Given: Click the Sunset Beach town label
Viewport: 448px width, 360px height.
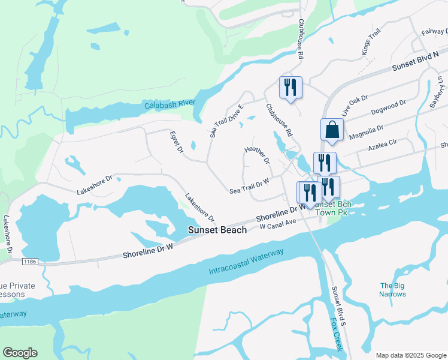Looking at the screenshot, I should (x=217, y=230).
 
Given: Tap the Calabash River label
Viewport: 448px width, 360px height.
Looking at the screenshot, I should (x=170, y=104).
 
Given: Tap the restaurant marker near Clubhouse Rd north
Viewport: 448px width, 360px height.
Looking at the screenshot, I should (x=290, y=88).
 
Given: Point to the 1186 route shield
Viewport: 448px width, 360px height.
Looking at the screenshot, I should (x=31, y=262).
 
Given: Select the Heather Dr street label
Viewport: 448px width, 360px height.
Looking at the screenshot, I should (x=258, y=155).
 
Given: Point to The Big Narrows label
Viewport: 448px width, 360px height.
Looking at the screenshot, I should (x=392, y=290).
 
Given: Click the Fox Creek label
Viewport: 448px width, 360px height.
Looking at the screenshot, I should (x=335, y=334).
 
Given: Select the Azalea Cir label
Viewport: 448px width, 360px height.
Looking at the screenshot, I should (x=383, y=145).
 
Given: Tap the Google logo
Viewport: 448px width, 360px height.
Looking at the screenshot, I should (x=20, y=353).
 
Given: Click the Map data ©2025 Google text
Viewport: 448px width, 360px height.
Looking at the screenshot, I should (x=410, y=355).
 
